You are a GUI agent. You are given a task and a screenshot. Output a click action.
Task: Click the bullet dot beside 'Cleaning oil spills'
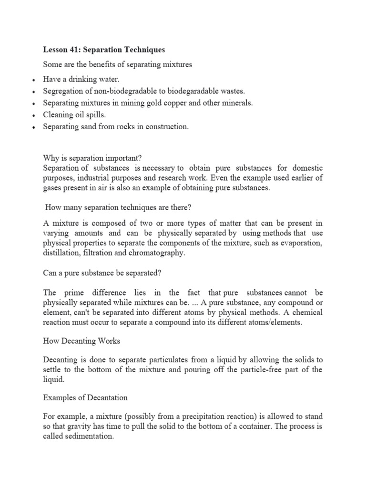32,116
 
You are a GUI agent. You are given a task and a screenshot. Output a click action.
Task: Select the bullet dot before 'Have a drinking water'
32,79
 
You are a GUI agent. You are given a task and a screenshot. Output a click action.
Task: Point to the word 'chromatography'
156,253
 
